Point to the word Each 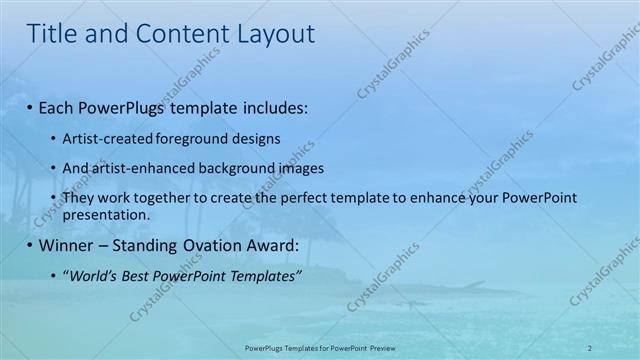(x=58, y=106)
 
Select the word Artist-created (x=104, y=138)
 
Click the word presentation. (x=105, y=214)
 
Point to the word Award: (x=280, y=245)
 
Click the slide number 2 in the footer (x=589, y=347)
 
